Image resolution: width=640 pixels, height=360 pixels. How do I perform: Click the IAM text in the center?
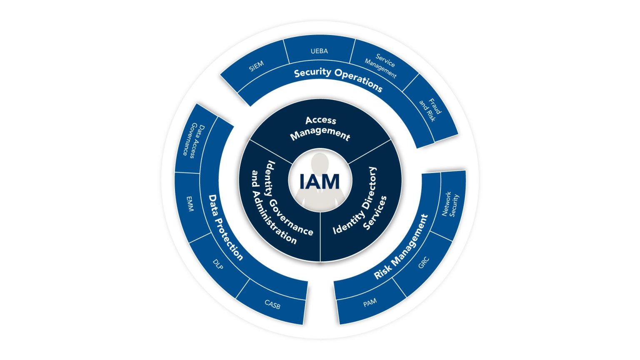tap(320, 181)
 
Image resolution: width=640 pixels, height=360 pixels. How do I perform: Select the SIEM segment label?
tap(256, 66)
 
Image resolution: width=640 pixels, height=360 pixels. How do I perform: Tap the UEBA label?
tap(319, 51)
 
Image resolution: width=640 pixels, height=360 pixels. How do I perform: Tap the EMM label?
tap(190, 204)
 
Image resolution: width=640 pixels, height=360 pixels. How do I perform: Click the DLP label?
tap(218, 264)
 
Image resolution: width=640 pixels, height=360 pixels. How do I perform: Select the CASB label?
tap(272, 304)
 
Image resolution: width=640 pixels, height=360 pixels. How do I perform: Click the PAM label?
tap(370, 302)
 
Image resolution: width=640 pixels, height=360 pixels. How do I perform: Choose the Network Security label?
tap(450, 205)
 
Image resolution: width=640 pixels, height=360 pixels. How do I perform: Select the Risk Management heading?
tap(401, 247)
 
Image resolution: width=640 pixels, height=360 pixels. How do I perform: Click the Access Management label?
tap(320, 128)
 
